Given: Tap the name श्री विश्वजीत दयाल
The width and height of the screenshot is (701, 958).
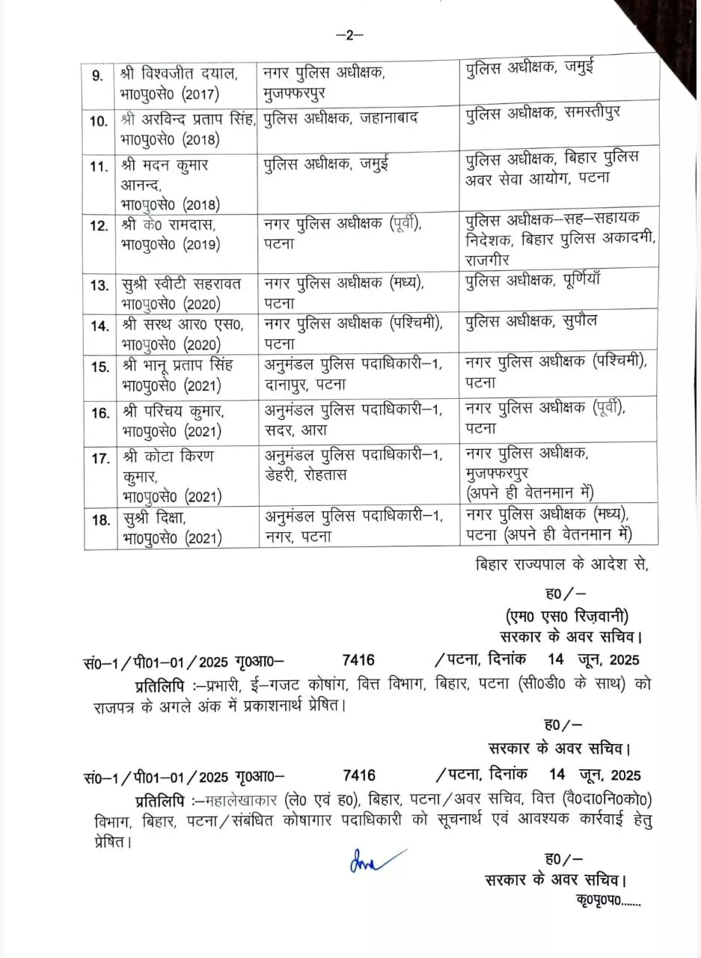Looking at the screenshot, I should point(179,73).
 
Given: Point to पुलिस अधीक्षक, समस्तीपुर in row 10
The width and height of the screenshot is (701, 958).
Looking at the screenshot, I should point(542,114).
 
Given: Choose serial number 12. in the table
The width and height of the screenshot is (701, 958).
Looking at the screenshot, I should point(99,225).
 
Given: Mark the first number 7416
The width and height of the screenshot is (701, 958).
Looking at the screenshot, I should point(358,659).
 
